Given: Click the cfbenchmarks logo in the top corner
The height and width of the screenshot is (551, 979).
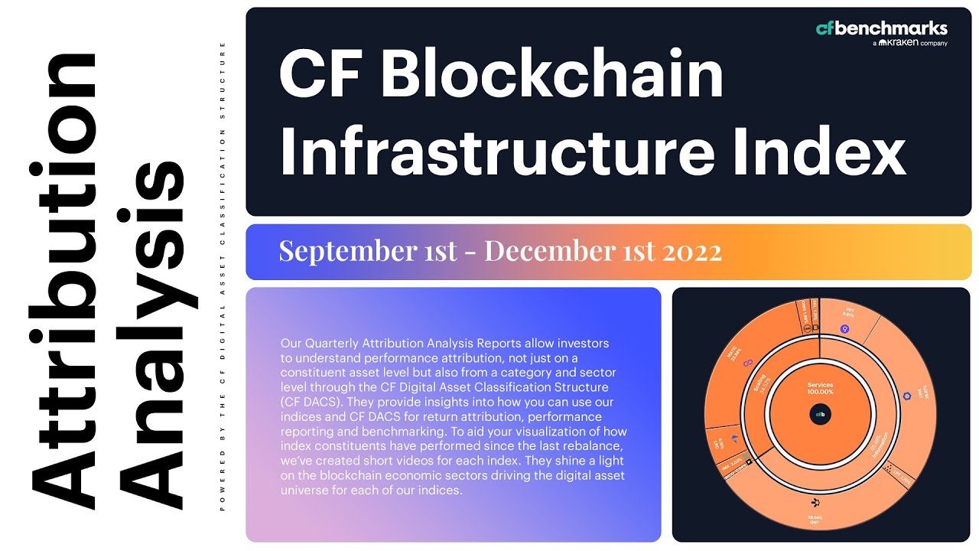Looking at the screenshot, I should [x=881, y=29].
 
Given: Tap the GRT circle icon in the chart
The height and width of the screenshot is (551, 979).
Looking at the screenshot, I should [x=844, y=330].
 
